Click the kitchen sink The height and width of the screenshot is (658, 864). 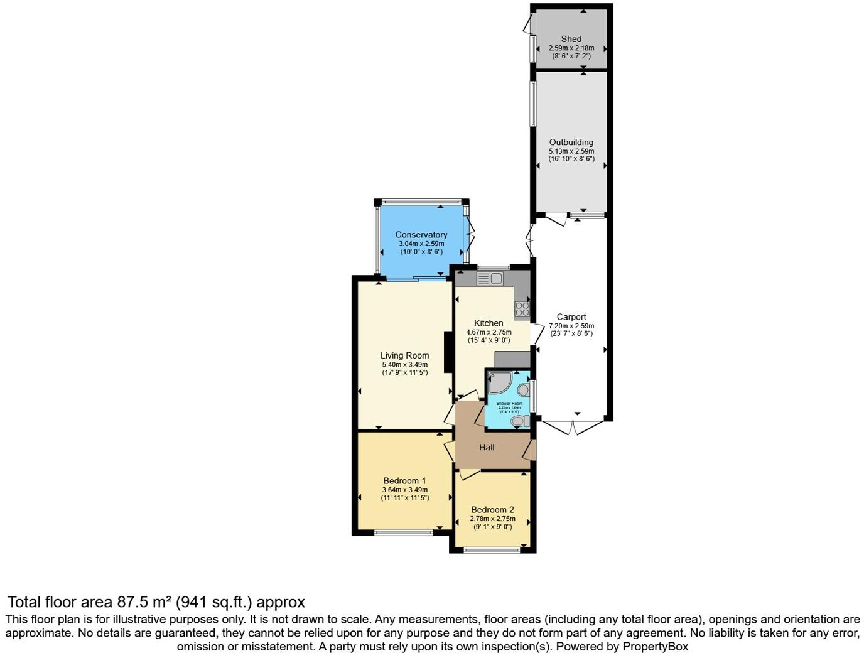[x=490, y=278]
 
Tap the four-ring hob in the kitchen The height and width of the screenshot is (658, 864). [x=522, y=308]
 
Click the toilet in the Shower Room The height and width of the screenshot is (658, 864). [x=519, y=421]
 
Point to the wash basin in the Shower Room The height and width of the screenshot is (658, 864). [x=524, y=390]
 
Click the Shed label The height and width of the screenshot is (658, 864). [x=571, y=39]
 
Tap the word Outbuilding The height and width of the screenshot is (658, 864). [x=571, y=143]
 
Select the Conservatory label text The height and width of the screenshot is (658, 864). [x=421, y=235]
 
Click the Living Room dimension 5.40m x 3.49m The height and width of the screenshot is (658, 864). [x=405, y=364]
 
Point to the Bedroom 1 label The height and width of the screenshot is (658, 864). [x=405, y=481]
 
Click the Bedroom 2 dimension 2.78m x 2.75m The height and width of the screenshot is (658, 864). [x=493, y=519]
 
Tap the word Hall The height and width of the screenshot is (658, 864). [x=487, y=448]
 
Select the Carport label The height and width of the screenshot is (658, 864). [x=571, y=317]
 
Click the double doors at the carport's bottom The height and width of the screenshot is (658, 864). [x=575, y=428]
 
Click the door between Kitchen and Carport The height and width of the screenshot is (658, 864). [x=536, y=333]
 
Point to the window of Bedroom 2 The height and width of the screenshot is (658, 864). [x=492, y=551]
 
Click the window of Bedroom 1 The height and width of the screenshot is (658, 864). [x=404, y=532]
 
